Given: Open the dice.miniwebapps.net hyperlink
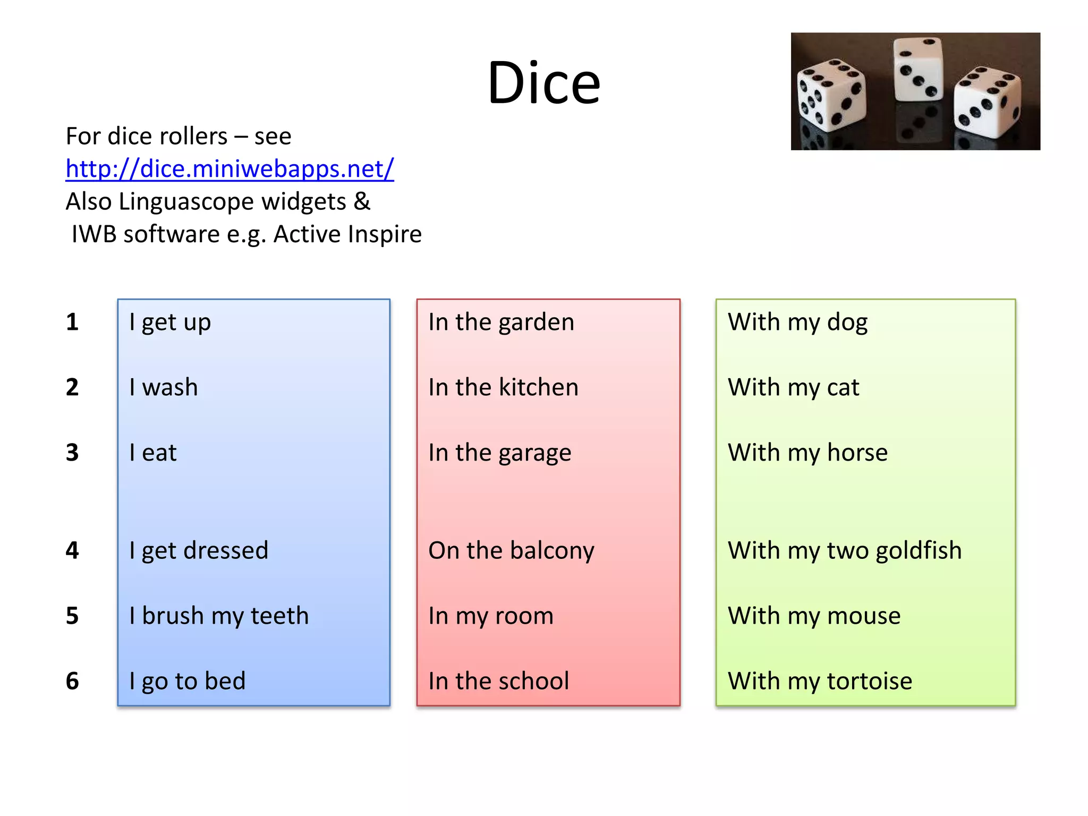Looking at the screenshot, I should (x=229, y=169).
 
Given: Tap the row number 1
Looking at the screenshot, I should (x=72, y=322).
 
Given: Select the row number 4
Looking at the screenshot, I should (x=72, y=550).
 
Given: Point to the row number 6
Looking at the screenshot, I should (x=72, y=681).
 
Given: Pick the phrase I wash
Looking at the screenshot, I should (x=164, y=387).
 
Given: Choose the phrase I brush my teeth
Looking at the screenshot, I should (x=219, y=616).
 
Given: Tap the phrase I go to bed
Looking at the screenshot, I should (x=188, y=682).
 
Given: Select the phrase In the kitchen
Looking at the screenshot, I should (x=503, y=387).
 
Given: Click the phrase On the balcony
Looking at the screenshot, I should (x=511, y=551).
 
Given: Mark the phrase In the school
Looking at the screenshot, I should (x=498, y=682).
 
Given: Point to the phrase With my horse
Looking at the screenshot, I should (x=807, y=453).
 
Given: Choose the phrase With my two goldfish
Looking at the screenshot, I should (x=845, y=551).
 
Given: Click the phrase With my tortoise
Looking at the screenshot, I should (x=820, y=682).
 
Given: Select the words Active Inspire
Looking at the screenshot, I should (x=347, y=234).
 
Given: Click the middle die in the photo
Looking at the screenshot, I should (x=919, y=69).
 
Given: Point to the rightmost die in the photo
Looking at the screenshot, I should (x=987, y=101).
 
